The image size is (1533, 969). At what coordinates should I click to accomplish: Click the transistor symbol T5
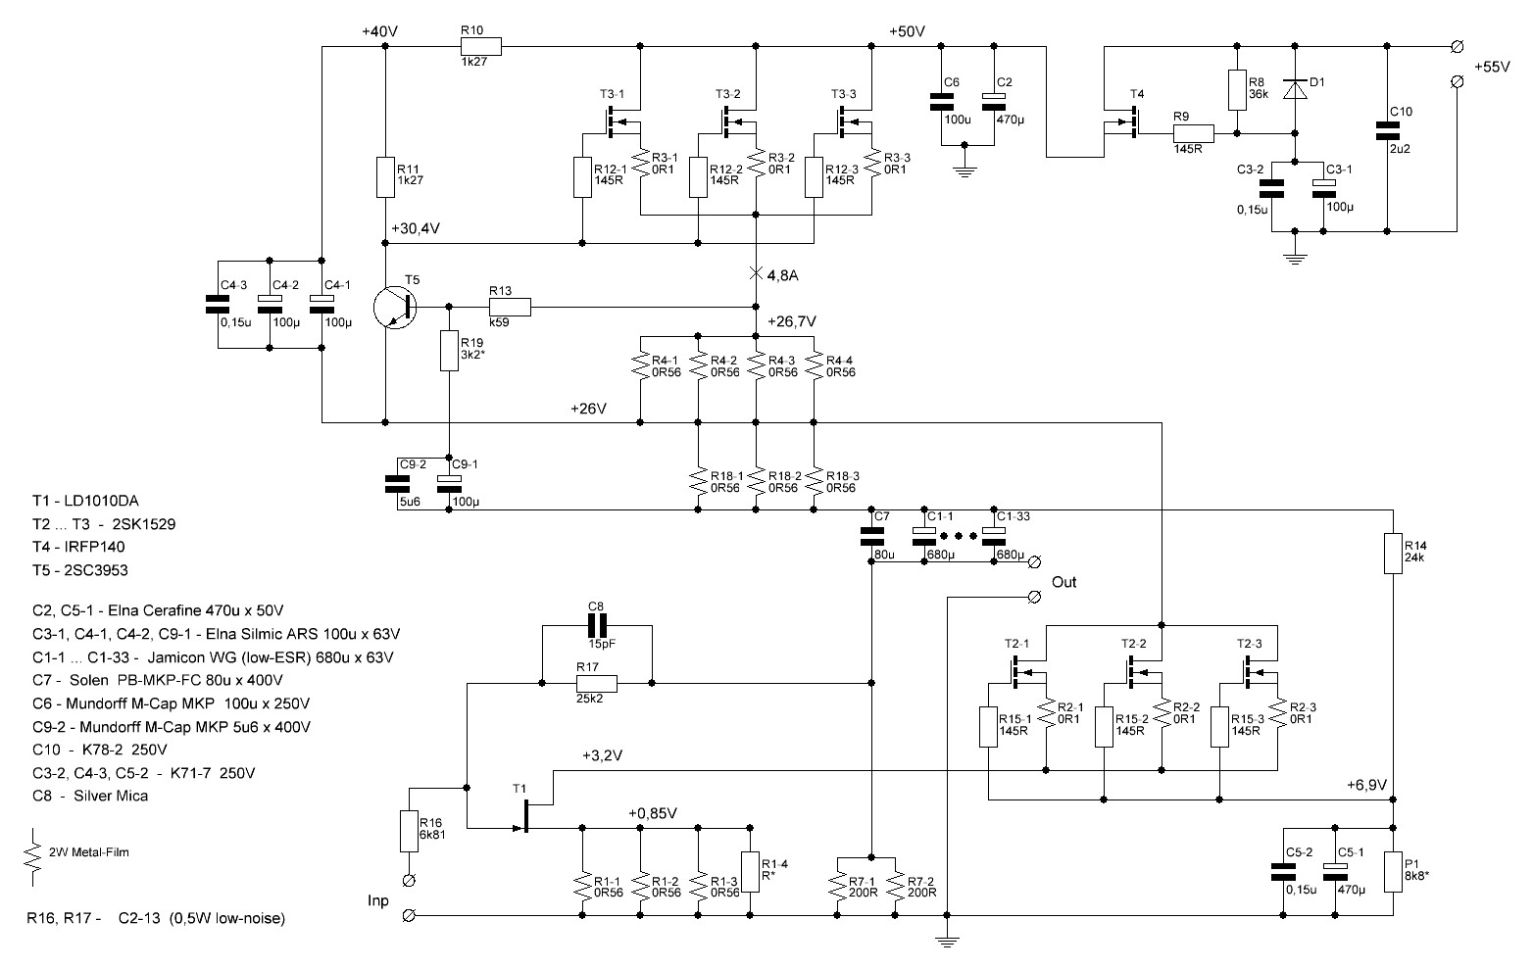point(396,308)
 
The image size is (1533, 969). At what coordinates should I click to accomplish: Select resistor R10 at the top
point(480,46)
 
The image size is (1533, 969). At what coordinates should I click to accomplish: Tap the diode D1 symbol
point(1294,89)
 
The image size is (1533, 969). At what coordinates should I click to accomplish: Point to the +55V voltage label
point(1492,67)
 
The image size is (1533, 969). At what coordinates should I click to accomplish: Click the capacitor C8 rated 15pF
point(597,625)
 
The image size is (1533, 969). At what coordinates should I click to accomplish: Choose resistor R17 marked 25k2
point(596,683)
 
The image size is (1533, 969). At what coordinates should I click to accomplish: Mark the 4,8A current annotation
point(782,275)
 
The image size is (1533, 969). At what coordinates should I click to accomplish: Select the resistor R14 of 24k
point(1393,553)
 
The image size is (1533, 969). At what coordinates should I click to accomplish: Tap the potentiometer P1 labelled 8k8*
point(1393,871)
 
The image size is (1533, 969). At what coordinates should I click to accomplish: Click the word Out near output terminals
point(1063,582)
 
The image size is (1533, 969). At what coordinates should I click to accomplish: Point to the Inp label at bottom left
point(377,900)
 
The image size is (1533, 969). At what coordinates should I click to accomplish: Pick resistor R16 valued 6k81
point(409,832)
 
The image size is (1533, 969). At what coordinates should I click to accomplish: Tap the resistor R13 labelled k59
point(510,308)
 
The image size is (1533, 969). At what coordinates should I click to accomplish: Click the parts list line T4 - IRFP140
point(78,547)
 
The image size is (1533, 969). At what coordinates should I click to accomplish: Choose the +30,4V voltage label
point(415,228)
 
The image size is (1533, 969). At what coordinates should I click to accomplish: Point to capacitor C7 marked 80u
point(871,536)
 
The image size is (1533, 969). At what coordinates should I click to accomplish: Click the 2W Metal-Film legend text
point(89,852)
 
